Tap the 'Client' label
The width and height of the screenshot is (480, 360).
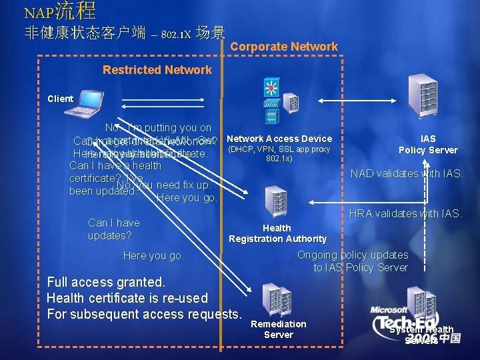(60, 99)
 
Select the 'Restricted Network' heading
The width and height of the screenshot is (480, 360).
(157, 70)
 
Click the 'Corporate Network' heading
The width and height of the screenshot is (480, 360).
(284, 47)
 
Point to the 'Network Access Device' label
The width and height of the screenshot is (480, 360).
(279, 139)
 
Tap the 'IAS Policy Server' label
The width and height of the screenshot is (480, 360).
(427, 145)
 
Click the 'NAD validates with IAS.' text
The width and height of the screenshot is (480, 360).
(405, 174)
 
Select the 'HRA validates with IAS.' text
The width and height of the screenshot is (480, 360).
(405, 213)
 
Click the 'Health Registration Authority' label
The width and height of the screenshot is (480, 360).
(277, 233)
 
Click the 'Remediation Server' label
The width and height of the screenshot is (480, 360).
(278, 329)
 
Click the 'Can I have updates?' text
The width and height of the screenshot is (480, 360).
(114, 229)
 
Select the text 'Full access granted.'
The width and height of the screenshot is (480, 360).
(106, 282)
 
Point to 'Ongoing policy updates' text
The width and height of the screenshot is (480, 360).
(353, 255)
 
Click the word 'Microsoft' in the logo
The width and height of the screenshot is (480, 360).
(389, 310)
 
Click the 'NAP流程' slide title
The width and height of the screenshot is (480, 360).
(60, 11)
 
